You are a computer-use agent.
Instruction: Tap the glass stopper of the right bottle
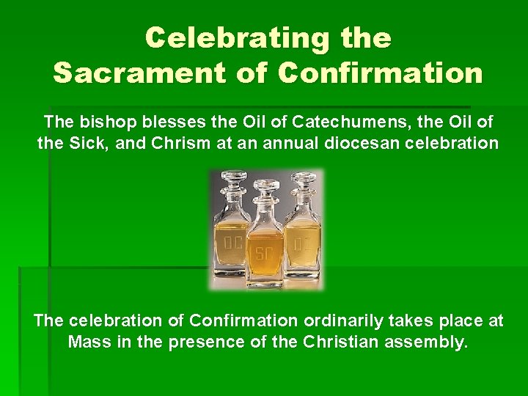(302, 183)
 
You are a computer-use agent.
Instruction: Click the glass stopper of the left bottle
(235, 183)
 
